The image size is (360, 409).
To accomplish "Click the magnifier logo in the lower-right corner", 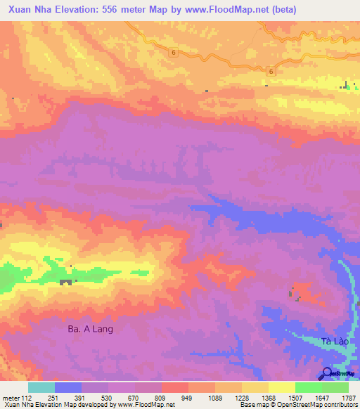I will pos(328,373).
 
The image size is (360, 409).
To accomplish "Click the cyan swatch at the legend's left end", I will pos(41,387).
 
